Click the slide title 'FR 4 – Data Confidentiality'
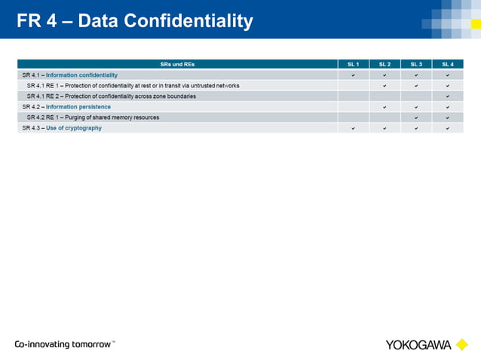click(x=135, y=21)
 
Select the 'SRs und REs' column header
click(x=178, y=64)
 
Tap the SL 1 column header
click(x=354, y=64)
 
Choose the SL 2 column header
click(x=385, y=64)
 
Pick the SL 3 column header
click(x=416, y=64)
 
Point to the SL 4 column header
click(x=448, y=64)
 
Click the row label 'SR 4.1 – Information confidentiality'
click(x=70, y=75)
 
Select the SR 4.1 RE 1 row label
click(x=133, y=86)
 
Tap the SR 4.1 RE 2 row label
click(x=111, y=96)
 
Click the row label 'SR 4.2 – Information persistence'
click(x=66, y=107)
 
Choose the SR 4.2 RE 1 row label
click(x=93, y=117)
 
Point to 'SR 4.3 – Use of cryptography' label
click(x=62, y=128)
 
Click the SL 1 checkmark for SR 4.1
click(x=354, y=75)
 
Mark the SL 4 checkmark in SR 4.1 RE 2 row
click(x=448, y=96)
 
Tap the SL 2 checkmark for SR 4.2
click(x=385, y=107)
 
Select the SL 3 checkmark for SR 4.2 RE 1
click(x=416, y=117)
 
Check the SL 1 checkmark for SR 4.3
click(x=354, y=128)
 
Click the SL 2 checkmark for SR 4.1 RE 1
click(x=385, y=86)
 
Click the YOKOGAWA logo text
click(x=418, y=345)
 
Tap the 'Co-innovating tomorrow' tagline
click(x=64, y=344)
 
